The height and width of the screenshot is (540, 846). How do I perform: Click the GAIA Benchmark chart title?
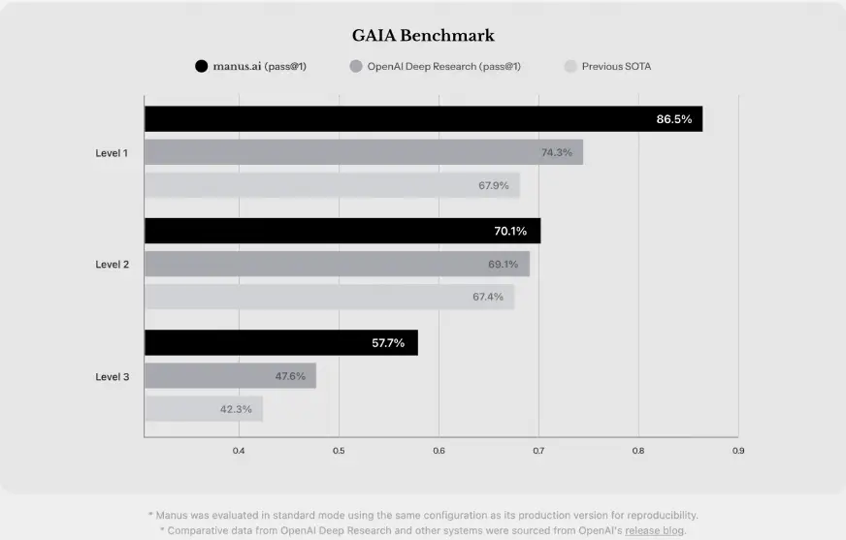[423, 36]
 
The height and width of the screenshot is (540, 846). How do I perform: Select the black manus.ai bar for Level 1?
[423, 119]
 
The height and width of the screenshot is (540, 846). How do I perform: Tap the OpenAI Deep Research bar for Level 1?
[364, 152]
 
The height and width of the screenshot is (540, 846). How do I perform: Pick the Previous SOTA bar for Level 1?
[332, 185]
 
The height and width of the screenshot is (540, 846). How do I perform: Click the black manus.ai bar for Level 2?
[342, 231]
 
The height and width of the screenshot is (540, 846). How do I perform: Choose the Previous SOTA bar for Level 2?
[329, 297]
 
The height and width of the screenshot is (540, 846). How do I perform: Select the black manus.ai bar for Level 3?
[280, 342]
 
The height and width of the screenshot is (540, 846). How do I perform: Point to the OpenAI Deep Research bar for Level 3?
[230, 376]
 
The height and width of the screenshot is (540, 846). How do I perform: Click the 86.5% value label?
[674, 119]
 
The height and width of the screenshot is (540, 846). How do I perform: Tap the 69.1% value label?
[503, 264]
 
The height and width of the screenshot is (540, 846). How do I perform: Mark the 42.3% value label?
[236, 409]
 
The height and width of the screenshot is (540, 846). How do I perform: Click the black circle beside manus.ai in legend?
[201, 67]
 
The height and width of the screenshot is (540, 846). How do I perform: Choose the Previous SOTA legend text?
[616, 67]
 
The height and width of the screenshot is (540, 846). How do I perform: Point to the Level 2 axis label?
[112, 264]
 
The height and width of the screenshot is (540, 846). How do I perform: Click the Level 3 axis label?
[112, 376]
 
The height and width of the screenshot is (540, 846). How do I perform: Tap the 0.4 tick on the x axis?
[239, 451]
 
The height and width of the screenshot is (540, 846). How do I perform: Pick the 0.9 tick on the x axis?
[738, 451]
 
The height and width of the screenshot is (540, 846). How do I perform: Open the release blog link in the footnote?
[655, 531]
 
